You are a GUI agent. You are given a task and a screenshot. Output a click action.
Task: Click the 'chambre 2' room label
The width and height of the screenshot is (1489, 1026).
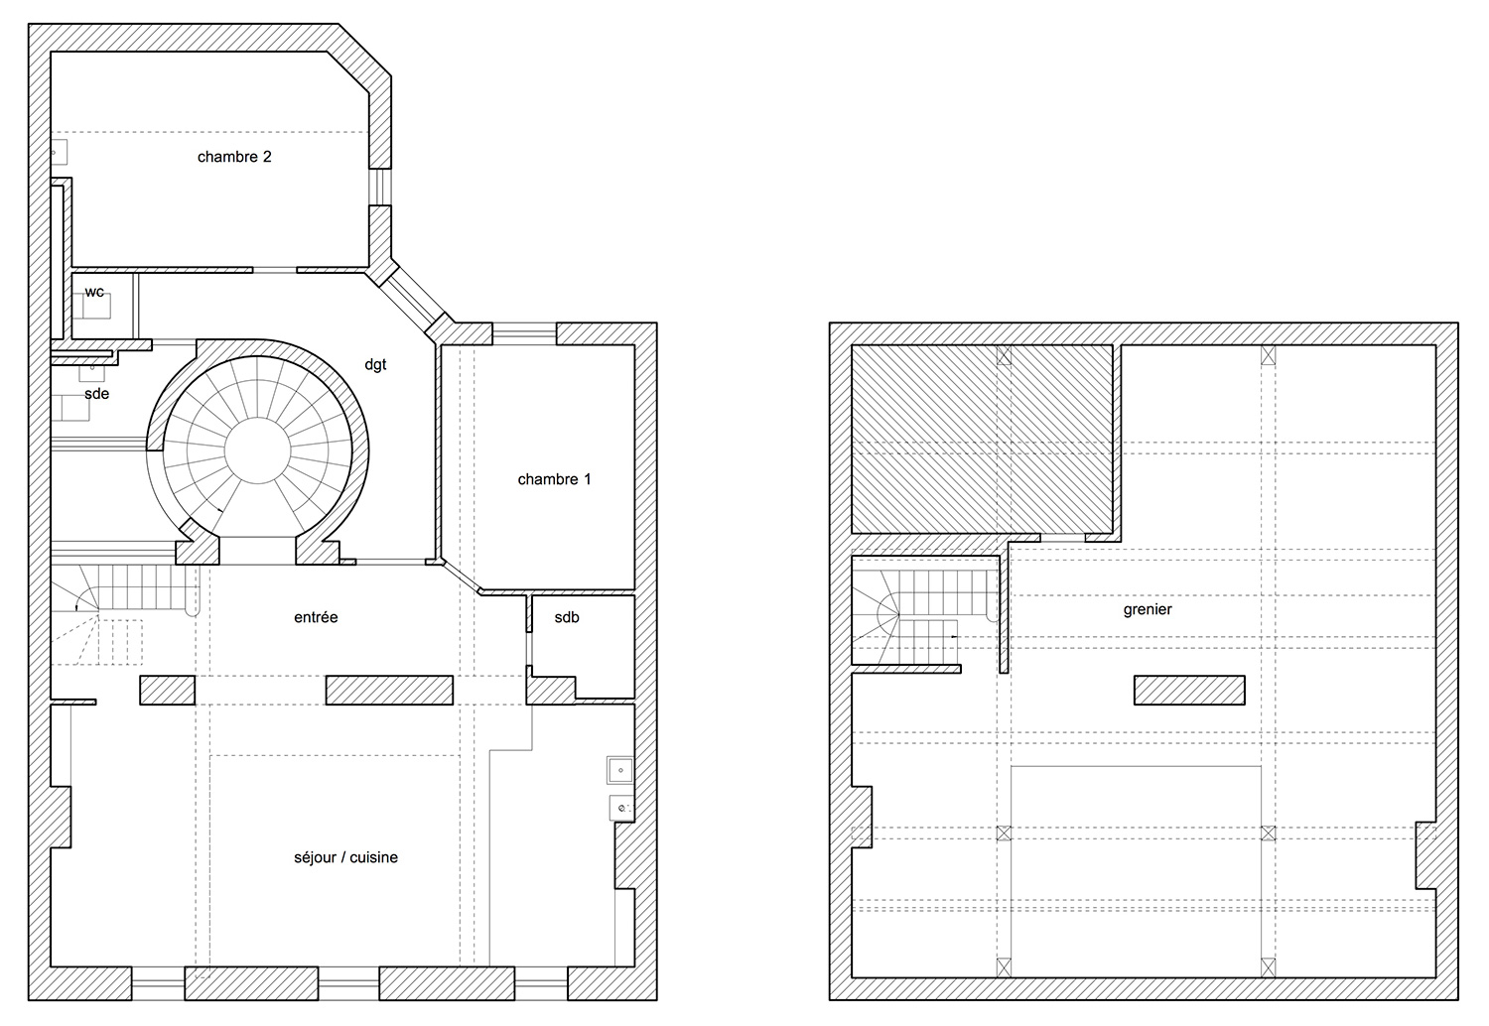234,157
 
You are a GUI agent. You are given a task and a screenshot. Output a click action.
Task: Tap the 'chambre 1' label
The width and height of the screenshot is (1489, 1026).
554,479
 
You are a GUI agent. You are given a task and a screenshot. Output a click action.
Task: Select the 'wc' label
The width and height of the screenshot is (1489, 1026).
94,292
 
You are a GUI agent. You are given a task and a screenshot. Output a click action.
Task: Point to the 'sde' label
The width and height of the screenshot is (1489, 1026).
96,393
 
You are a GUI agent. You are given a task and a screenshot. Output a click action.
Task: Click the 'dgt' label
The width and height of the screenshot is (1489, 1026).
375,364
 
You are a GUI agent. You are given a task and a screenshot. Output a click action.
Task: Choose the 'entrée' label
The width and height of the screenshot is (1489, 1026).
316,617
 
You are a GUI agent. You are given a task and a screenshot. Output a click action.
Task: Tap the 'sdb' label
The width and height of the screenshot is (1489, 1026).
567,617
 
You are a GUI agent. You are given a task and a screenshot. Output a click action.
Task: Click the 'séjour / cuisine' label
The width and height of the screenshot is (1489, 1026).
345,857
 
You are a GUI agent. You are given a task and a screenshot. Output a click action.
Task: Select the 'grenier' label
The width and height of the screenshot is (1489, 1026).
1148,609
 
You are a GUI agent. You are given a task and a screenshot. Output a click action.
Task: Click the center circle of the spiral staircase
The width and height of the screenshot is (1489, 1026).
257,450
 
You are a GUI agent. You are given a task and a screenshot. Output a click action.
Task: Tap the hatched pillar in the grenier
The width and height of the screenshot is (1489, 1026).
1189,690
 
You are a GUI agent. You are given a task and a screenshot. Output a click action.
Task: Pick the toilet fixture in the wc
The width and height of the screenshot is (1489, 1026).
95,306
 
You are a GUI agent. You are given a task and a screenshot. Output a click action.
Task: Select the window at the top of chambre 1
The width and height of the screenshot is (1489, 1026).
524,333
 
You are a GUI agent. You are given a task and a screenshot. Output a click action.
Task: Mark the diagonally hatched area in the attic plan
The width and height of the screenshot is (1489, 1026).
983,439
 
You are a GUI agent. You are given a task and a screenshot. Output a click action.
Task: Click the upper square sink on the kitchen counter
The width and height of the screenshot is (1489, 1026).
619,770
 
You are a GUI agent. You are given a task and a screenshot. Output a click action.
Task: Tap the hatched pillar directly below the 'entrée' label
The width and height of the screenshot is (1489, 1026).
389,691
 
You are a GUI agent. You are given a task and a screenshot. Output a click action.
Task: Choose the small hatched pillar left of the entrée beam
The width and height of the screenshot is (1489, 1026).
168,691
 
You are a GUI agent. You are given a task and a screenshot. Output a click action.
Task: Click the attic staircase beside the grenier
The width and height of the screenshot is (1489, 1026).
924,616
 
